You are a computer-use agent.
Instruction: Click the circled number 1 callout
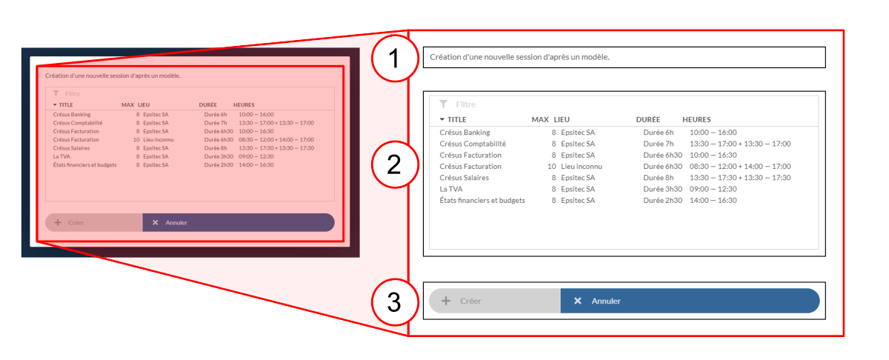(395, 59)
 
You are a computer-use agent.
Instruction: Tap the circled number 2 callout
(395, 164)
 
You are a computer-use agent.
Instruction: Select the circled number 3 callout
(395, 301)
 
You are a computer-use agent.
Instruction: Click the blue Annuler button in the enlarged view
(690, 301)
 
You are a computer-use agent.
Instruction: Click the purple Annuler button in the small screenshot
(238, 223)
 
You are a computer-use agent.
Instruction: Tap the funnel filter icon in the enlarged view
(443, 104)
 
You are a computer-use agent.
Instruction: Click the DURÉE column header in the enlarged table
(648, 119)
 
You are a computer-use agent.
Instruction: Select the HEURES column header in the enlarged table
(696, 119)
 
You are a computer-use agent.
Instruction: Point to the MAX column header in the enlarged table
(540, 119)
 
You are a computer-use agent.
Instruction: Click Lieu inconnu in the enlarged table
(582, 167)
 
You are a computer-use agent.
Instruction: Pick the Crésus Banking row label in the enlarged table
(465, 133)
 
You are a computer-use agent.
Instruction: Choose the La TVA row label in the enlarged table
(451, 189)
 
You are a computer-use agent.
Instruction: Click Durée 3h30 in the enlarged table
(663, 189)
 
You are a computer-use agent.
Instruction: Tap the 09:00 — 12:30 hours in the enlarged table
(713, 189)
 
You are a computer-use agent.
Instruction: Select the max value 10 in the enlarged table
(552, 167)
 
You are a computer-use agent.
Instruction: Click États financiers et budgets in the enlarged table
(482, 201)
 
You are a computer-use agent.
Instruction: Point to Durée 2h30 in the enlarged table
(663, 201)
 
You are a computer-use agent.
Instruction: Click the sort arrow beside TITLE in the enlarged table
(442, 119)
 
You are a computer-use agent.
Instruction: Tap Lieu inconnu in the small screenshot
(159, 140)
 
